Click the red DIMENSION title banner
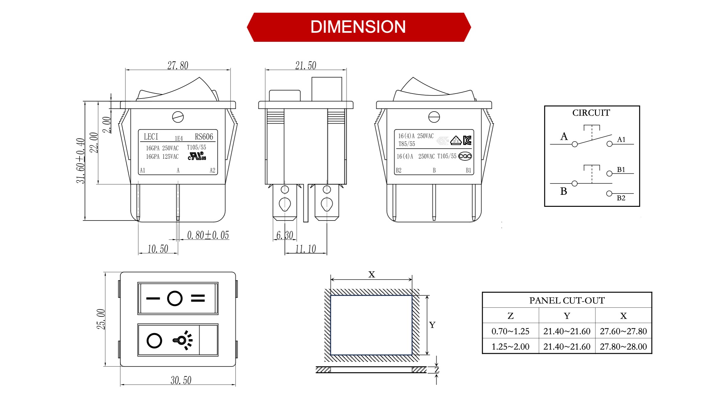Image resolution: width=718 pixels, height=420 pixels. pyautogui.click(x=358, y=27)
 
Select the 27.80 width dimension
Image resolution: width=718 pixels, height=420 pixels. pyautogui.click(x=177, y=65)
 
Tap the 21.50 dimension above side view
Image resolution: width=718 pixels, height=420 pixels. pyautogui.click(x=306, y=65)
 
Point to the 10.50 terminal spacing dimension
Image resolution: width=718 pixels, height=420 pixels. pyautogui.click(x=158, y=249)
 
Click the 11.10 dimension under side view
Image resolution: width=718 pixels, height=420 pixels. pyautogui.click(x=306, y=249)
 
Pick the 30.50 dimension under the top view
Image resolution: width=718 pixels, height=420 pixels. pyautogui.click(x=181, y=380)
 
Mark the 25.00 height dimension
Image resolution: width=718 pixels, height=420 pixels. pyautogui.click(x=101, y=319)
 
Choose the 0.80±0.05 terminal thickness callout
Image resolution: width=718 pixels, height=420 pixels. pyautogui.click(x=208, y=235)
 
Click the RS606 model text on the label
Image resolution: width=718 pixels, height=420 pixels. pyautogui.click(x=204, y=137)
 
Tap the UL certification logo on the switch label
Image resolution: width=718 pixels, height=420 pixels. pyautogui.click(x=197, y=156)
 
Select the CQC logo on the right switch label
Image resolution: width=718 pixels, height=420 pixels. pyautogui.click(x=465, y=156)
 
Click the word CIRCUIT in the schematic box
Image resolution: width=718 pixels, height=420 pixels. pyautogui.click(x=591, y=113)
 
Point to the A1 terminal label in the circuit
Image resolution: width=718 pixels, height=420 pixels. pyautogui.click(x=621, y=140)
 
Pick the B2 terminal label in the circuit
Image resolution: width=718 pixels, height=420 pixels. pyautogui.click(x=621, y=198)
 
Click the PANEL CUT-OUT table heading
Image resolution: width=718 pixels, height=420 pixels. pyautogui.click(x=567, y=300)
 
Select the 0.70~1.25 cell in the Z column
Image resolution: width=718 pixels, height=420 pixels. pyautogui.click(x=510, y=331)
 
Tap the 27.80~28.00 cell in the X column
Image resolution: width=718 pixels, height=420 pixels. pyautogui.click(x=623, y=346)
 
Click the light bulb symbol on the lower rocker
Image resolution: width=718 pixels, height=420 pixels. pyautogui.click(x=183, y=340)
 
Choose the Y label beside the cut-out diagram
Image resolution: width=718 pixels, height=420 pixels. pyautogui.click(x=432, y=325)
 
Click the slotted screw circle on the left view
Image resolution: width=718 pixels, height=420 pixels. pyautogui.click(x=178, y=117)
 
